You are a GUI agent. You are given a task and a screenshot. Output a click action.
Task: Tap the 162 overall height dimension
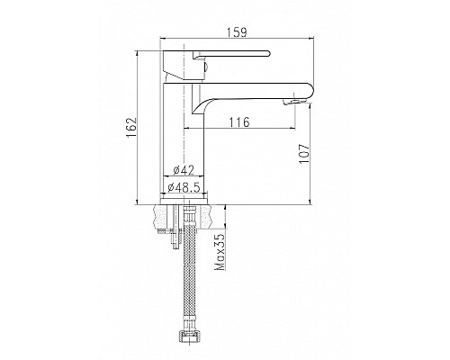point(131,128)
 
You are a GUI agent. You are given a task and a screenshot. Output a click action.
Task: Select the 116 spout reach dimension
point(239,122)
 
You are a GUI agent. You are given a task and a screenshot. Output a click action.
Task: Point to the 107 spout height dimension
point(304,154)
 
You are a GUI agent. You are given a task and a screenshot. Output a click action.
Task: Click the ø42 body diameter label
point(184,170)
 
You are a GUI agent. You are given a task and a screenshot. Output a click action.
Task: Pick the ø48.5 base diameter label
point(184,187)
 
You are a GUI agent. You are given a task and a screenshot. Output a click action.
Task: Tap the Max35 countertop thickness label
point(220,252)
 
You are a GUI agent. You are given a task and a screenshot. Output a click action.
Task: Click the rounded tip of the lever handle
point(268,54)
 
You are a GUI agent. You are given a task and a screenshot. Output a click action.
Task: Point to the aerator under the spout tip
point(291,102)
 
